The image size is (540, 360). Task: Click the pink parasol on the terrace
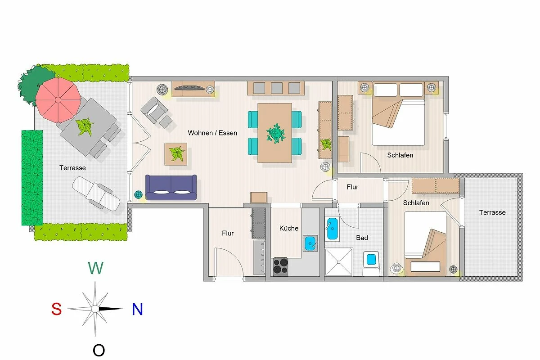pyautogui.click(x=58, y=100)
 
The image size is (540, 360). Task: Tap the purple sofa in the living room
pyautogui.click(x=171, y=187)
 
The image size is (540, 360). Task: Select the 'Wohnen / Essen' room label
pyautogui.click(x=212, y=133)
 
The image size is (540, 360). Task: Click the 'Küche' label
pyautogui.click(x=289, y=228)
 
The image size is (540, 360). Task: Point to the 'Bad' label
pyautogui.click(x=362, y=238)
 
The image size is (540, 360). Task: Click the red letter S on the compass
pyautogui.click(x=56, y=309)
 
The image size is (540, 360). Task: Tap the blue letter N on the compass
pyautogui.click(x=137, y=309)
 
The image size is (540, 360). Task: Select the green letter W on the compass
pyautogui.click(x=96, y=268)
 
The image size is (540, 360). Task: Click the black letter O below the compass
pyautogui.click(x=99, y=350)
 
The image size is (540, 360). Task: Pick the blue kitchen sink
pyautogui.click(x=310, y=243)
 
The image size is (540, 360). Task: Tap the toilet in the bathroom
pyautogui.click(x=371, y=263)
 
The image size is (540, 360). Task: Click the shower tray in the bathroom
pyautogui.click(x=339, y=261)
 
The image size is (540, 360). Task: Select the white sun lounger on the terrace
pyautogui.click(x=96, y=194)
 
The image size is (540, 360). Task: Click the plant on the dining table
pyautogui.click(x=276, y=133)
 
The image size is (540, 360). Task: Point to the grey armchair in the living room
pyautogui.click(x=154, y=110)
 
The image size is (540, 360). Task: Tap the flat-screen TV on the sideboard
pyautogui.click(x=189, y=88)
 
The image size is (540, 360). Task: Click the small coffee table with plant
pyautogui.click(x=176, y=154)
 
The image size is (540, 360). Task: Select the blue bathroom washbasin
pyautogui.click(x=332, y=229)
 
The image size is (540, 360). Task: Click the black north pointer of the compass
pyautogui.click(x=111, y=309)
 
